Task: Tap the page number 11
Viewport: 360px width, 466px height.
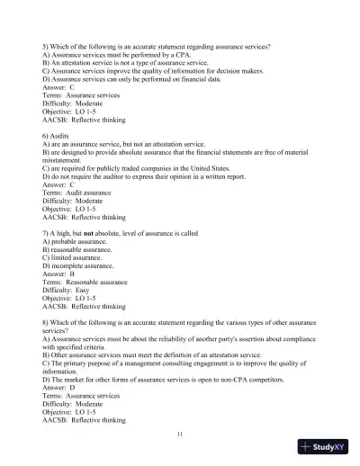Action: click(180, 435)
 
